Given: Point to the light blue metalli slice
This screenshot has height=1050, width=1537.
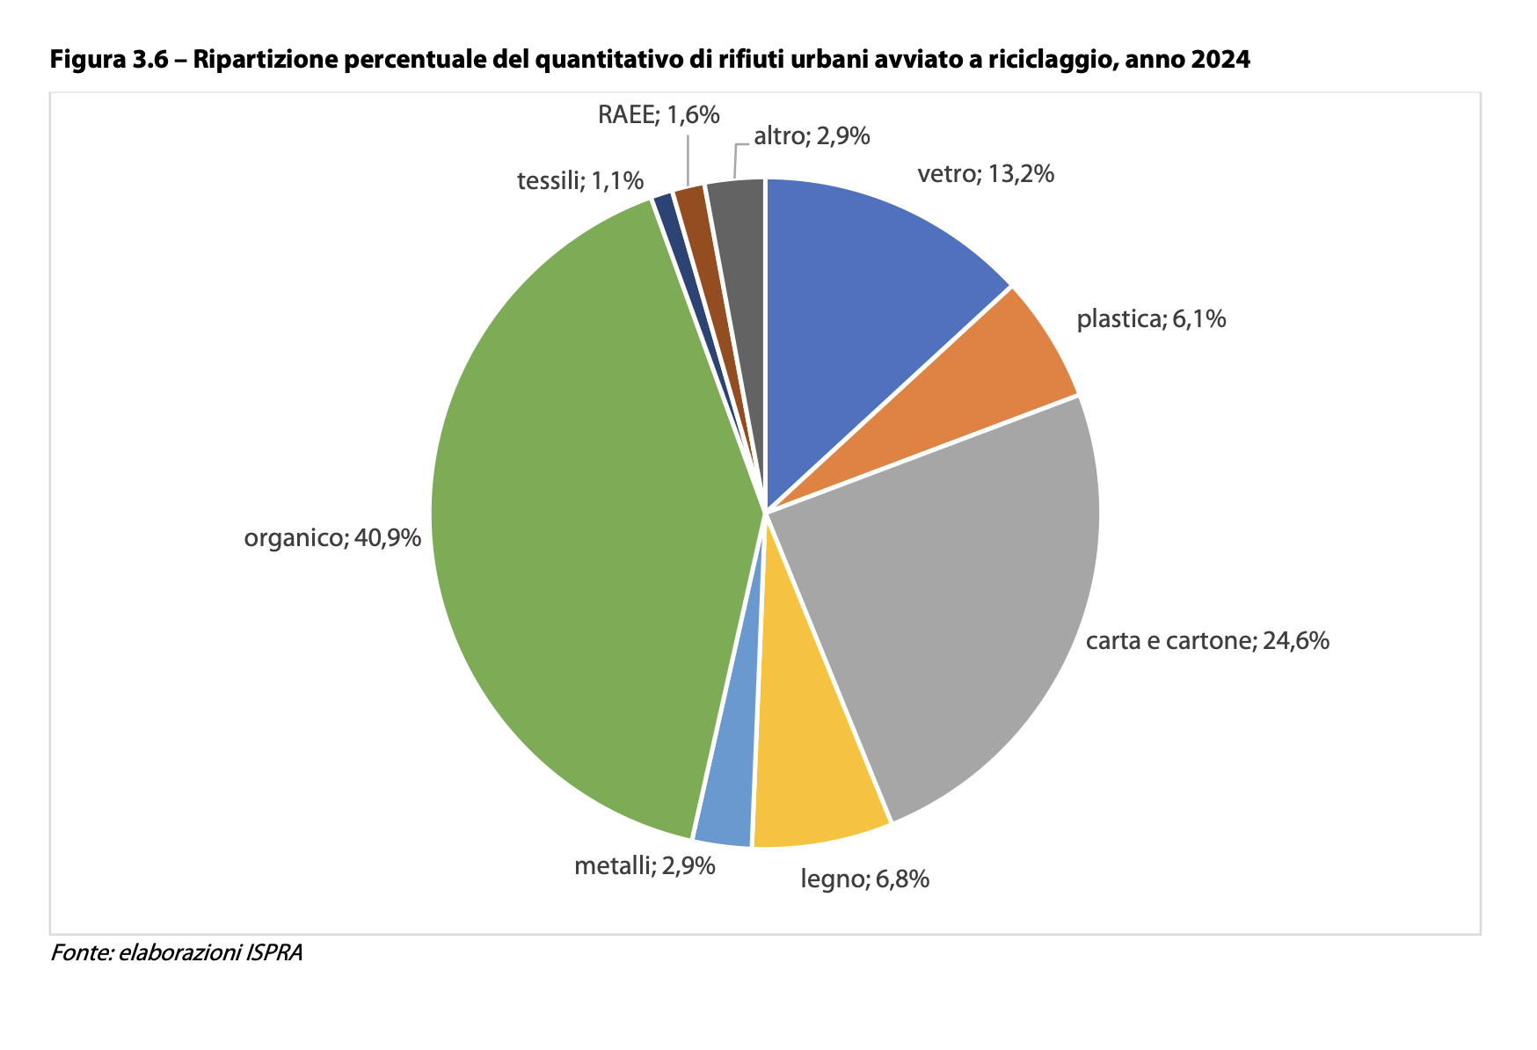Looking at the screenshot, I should [x=730, y=791].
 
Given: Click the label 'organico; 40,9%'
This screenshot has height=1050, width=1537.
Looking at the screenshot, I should [x=332, y=537].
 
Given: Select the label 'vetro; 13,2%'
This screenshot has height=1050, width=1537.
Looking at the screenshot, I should [x=986, y=174].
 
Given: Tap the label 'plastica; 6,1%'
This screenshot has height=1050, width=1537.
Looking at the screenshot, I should [x=1151, y=318].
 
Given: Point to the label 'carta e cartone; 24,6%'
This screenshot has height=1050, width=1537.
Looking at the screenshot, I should [x=1207, y=640].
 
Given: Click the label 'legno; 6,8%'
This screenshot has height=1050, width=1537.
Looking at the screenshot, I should [x=864, y=879].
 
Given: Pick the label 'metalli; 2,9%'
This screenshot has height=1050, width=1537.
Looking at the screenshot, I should [x=645, y=866].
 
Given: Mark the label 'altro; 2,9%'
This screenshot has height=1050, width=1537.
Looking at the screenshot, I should [x=812, y=135].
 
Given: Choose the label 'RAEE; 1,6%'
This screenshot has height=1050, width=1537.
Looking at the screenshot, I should [x=659, y=114].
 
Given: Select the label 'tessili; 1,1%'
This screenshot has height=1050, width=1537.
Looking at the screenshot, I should [x=580, y=181].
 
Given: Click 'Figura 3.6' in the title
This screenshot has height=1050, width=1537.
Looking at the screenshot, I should [x=108, y=60].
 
